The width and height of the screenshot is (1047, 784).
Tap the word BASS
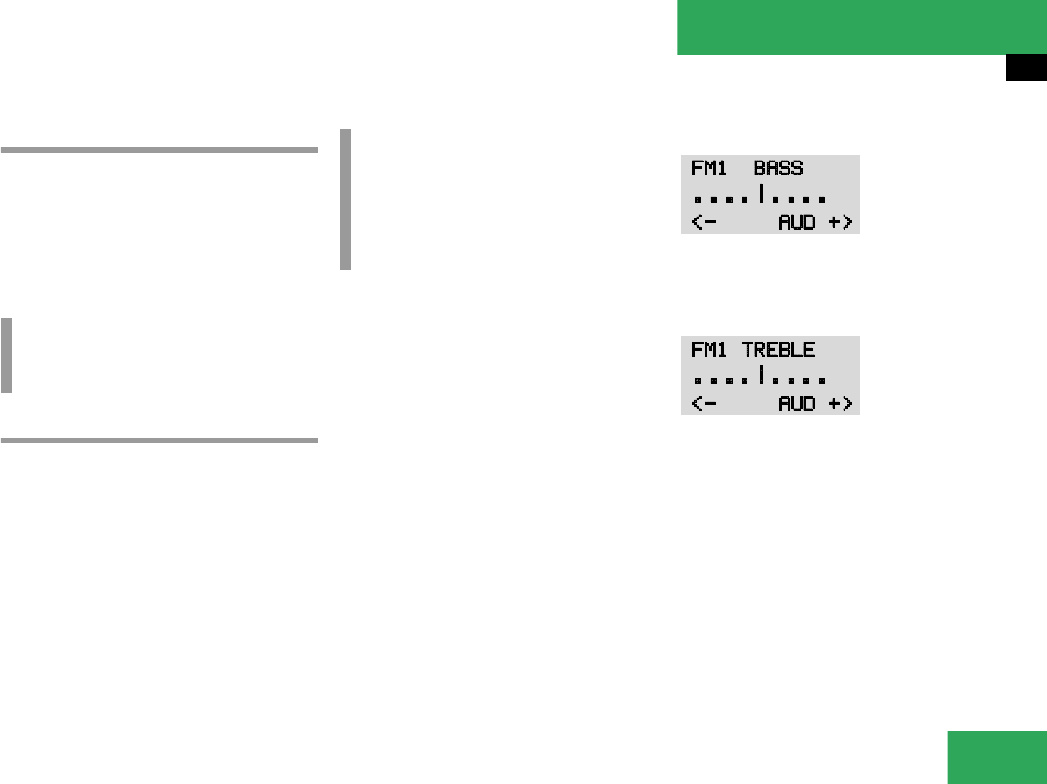[778, 169]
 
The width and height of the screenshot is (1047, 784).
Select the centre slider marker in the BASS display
[761, 194]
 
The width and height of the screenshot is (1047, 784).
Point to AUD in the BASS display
[797, 222]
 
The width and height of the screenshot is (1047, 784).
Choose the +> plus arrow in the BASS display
[840, 222]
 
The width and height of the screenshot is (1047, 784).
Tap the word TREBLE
[778, 350]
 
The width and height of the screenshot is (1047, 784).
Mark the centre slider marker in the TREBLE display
[761, 375]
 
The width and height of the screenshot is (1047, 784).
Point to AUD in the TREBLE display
[797, 403]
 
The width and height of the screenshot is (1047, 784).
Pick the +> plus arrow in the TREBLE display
[840, 403]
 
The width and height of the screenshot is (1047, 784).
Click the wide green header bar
[861, 27]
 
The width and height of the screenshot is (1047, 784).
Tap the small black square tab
[1026, 68]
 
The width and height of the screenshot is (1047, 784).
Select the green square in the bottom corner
[997, 757]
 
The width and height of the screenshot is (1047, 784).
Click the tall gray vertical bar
[345, 199]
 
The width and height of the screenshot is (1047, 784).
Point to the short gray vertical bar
[7, 356]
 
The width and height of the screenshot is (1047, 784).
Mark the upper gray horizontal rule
[160, 149]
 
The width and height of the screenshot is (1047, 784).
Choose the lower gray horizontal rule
[160, 440]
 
